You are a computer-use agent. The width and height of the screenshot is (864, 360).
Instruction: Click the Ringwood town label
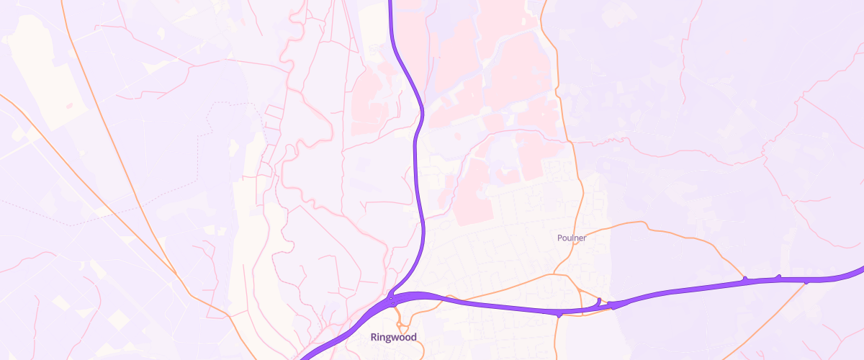point(393,337)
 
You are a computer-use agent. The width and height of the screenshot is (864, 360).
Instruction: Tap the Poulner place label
point(572,238)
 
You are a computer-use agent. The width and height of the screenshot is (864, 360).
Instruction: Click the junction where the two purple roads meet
point(390,298)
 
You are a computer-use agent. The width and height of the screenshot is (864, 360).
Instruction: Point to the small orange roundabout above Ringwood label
point(395,305)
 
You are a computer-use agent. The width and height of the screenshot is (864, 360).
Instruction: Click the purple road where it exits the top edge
point(390,3)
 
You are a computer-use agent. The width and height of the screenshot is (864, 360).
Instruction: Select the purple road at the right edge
point(860,270)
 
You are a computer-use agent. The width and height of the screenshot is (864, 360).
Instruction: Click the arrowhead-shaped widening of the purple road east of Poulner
point(617,305)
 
